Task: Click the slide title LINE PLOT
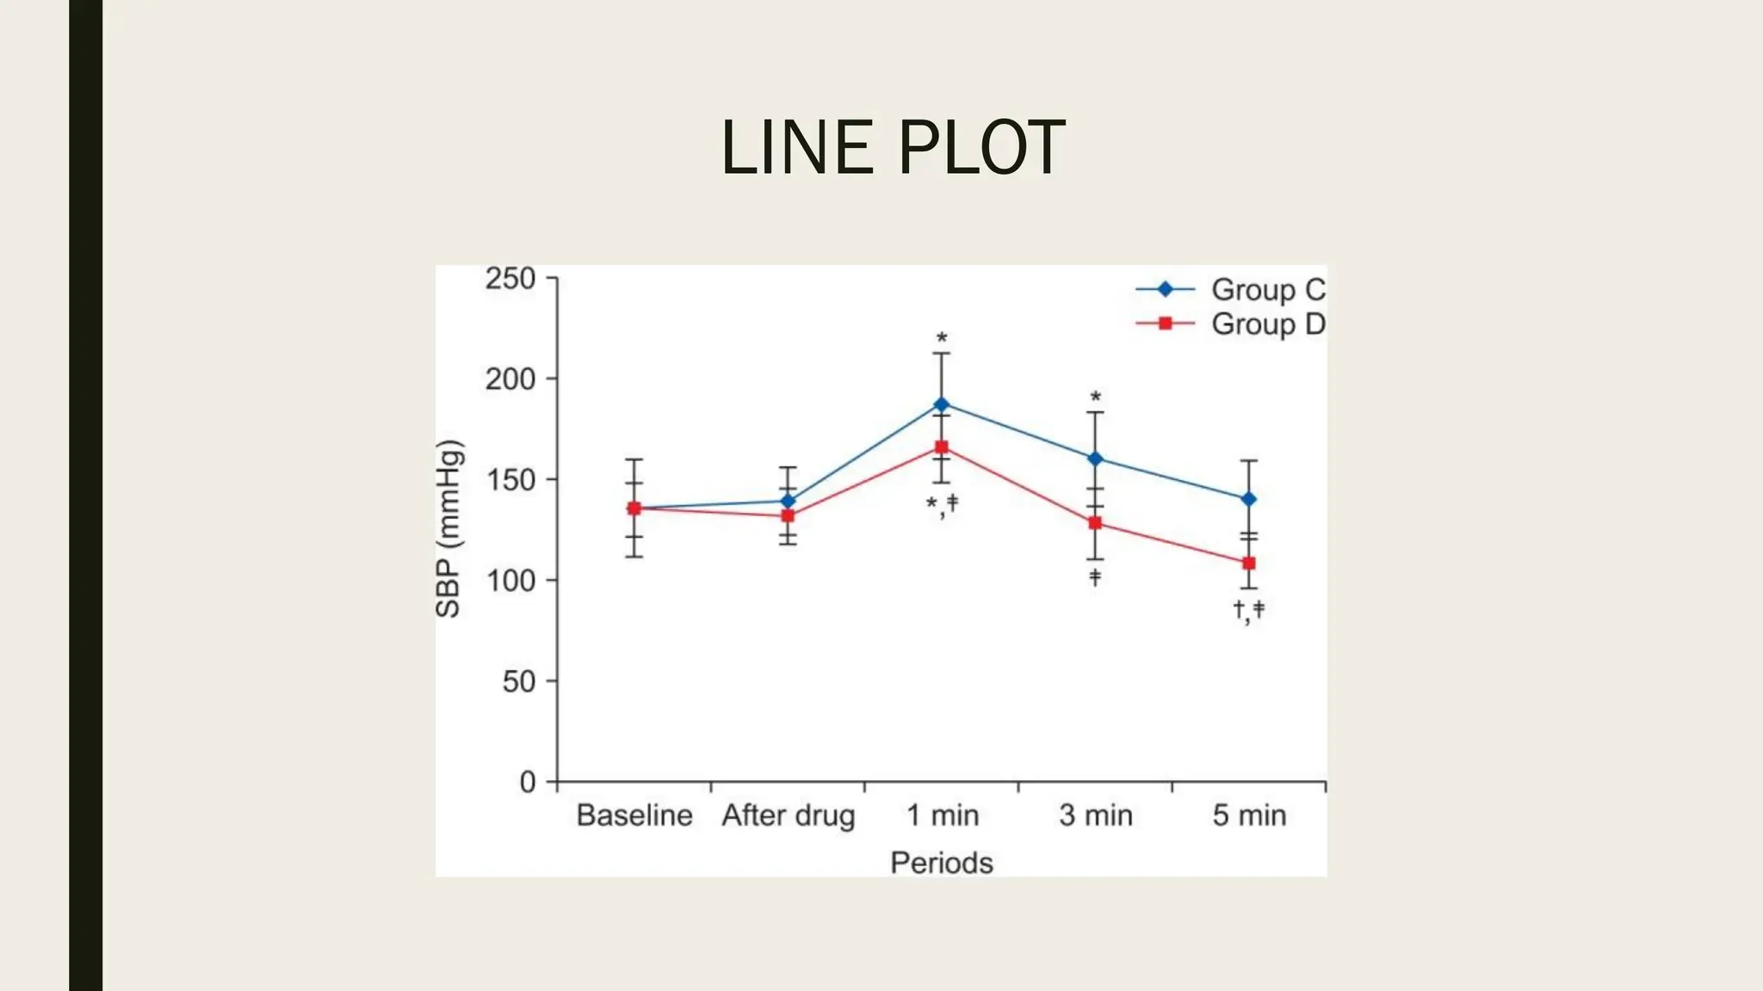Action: pyautogui.click(x=893, y=148)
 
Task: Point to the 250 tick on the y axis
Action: pyautogui.click(x=510, y=279)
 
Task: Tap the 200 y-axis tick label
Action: pyautogui.click(x=510, y=379)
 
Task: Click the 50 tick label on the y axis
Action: pyautogui.click(x=519, y=682)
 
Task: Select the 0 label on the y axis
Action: pyautogui.click(x=528, y=782)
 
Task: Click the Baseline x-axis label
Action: pyautogui.click(x=634, y=816)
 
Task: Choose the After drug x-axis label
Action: pyautogui.click(x=789, y=816)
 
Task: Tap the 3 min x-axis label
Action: pyautogui.click(x=1095, y=816)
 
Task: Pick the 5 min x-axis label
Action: pyautogui.click(x=1249, y=816)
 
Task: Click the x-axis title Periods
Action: pyautogui.click(x=942, y=863)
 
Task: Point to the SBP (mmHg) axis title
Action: pyautogui.click(x=449, y=529)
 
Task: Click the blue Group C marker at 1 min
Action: pyautogui.click(x=942, y=404)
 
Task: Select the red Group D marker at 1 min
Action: pyautogui.click(x=942, y=447)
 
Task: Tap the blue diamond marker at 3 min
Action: pyautogui.click(x=1095, y=459)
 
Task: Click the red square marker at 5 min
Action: pyautogui.click(x=1249, y=563)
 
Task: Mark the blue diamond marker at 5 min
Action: pyautogui.click(x=1249, y=499)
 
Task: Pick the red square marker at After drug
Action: pyautogui.click(x=788, y=516)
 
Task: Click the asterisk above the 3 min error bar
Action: pyautogui.click(x=1095, y=397)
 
